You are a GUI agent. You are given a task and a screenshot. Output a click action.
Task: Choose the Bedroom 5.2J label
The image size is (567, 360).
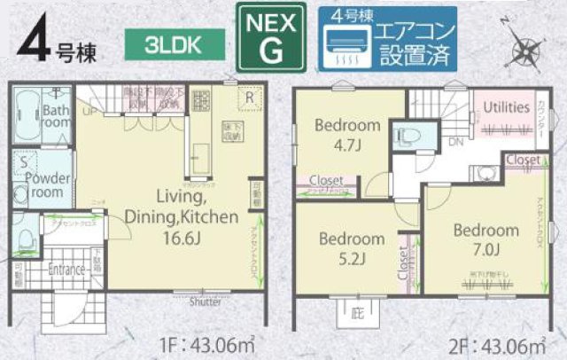click(352, 247)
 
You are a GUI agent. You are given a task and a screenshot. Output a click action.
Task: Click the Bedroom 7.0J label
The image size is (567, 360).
click(486, 239)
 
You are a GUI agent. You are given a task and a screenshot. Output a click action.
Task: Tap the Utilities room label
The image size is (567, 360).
click(506, 106)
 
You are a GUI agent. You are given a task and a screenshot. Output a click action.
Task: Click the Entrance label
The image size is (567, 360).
click(66, 270)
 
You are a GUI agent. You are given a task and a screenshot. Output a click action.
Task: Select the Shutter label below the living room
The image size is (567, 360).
click(206, 301)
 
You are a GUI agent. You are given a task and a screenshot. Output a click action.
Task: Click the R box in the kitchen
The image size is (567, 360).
click(251, 97)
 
